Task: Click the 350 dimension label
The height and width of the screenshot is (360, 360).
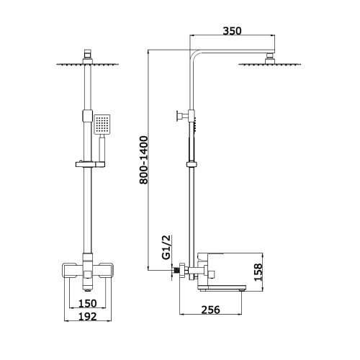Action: pos(232,31)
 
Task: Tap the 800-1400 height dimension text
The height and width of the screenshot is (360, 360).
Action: pos(144,160)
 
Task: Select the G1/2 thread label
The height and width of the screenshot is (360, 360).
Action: pos(166,247)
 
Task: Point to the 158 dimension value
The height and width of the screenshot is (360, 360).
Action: pos(258,272)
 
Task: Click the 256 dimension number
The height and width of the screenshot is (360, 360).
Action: pos(210,310)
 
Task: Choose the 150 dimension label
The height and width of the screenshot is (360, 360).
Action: pos(88,304)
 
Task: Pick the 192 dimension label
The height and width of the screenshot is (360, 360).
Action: pos(88,317)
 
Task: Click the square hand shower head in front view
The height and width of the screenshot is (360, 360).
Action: pos(102,124)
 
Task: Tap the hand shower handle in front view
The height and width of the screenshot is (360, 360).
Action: pos(102,148)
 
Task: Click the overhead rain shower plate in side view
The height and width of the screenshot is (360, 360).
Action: pos(269,64)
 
